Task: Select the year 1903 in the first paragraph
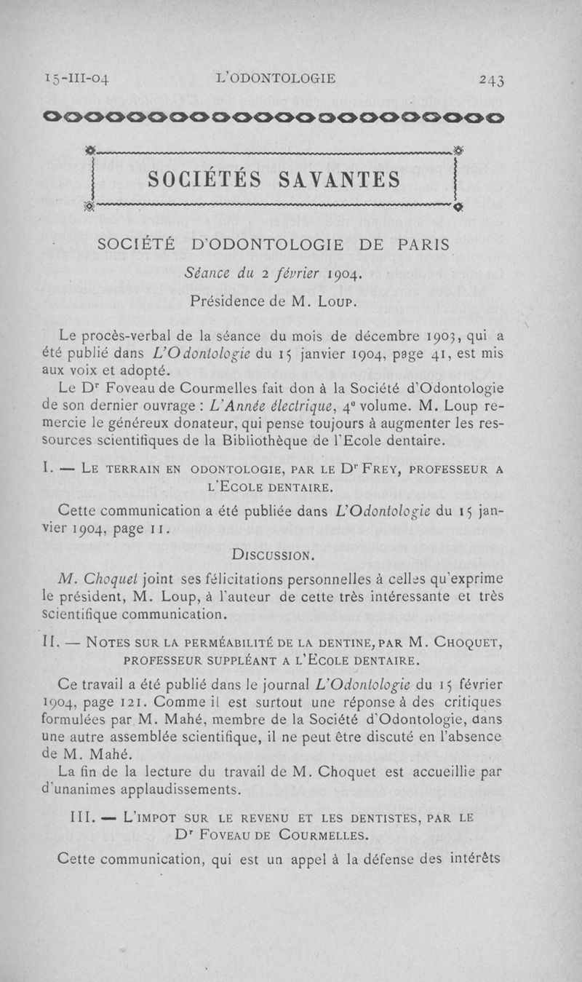click(420, 336)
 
